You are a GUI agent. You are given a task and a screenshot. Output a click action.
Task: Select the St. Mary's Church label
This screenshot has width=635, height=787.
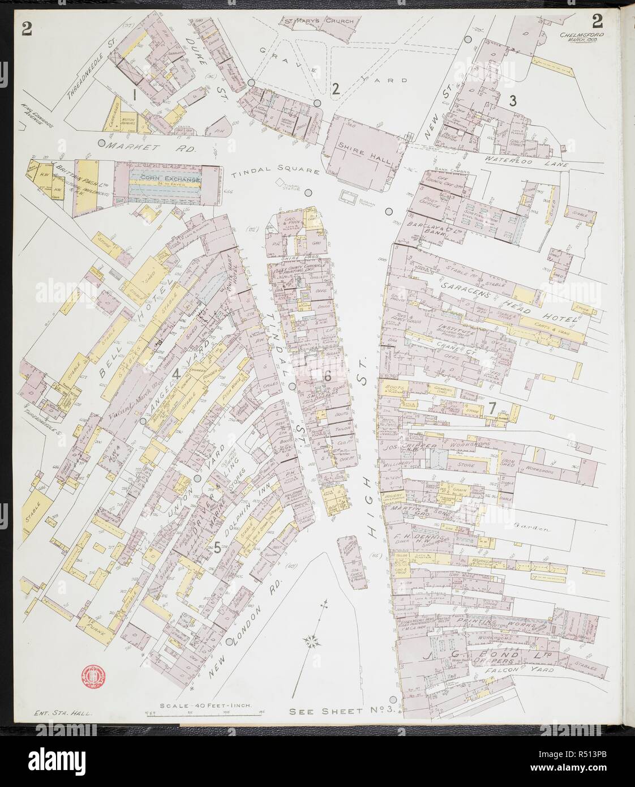[318, 22]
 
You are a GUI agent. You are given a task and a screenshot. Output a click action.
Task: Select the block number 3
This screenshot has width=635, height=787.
[512, 101]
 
